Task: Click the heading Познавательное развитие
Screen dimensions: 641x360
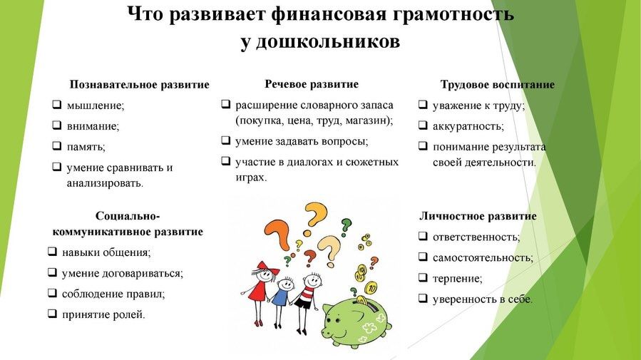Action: coord(140,85)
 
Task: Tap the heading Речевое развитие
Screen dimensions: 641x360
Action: coord(312,84)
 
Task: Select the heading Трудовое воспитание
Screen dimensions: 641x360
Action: coord(498,85)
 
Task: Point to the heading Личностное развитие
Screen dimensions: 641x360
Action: coord(478,216)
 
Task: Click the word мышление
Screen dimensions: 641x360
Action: coord(96,106)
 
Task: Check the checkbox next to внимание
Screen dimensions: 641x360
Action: coord(57,125)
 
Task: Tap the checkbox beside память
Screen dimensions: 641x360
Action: coord(57,145)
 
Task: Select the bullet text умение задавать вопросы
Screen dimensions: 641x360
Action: coord(302,141)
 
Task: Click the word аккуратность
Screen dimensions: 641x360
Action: coord(468,126)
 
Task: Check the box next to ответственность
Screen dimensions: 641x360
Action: coord(423,236)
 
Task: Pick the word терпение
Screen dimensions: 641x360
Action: coord(458,279)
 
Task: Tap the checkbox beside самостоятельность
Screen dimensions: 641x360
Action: coord(423,257)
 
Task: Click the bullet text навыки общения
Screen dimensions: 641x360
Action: coord(106,252)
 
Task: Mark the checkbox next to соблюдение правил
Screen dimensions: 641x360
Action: coord(52,292)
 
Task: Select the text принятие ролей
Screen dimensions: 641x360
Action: coord(103,314)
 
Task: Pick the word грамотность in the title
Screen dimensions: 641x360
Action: coord(453,14)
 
